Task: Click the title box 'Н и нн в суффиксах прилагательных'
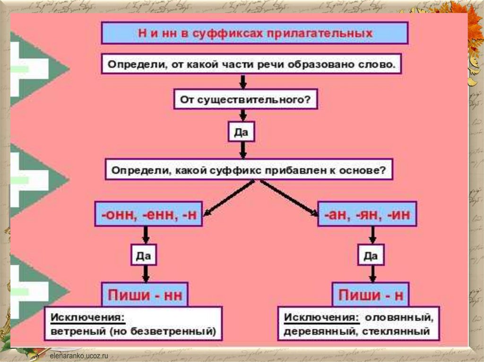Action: coord(255,34)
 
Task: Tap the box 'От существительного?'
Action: coord(243,100)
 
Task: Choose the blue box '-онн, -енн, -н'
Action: coord(148,215)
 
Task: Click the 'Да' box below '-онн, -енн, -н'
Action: coord(144,256)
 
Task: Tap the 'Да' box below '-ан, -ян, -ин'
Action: coord(371,256)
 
